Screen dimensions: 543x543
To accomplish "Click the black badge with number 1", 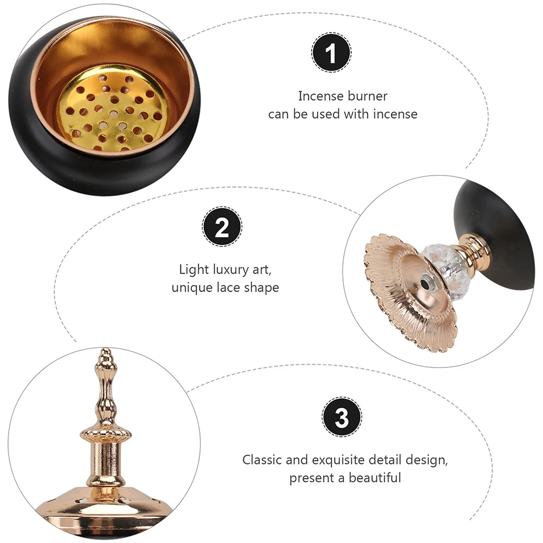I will point(331,53).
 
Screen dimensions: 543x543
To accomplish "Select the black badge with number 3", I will point(342,417).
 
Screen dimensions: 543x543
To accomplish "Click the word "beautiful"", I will point(375,478).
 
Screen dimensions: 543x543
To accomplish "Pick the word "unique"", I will point(191,287).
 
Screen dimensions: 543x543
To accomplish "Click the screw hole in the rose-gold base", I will point(425,282).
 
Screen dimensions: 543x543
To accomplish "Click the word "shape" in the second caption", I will point(261,287).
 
